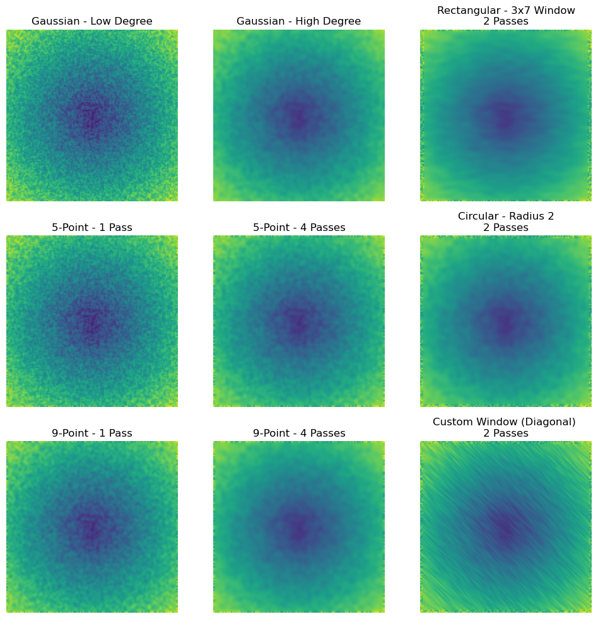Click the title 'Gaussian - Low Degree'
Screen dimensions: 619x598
92,21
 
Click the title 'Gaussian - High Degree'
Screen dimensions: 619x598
298,21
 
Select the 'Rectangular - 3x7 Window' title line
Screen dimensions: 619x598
505,10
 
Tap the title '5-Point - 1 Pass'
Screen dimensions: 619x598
92,227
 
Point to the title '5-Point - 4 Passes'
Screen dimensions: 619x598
298,227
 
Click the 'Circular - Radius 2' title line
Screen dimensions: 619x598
505,216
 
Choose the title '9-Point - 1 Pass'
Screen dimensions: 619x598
92,433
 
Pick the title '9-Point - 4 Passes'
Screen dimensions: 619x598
298,433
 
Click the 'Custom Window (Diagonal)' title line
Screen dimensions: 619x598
504,422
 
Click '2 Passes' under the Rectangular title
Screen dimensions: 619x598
505,21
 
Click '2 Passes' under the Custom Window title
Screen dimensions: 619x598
505,433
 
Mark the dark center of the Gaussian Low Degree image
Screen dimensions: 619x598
90,117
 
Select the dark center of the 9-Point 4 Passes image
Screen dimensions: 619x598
298,528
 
